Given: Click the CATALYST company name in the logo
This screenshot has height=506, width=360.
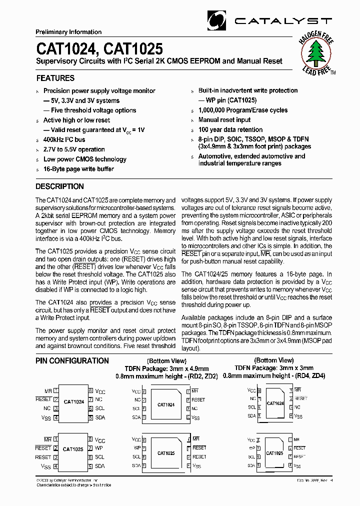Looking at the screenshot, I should coord(283,21).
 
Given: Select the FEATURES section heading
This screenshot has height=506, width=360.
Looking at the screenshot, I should coord(55,78).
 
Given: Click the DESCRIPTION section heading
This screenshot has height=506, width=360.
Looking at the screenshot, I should coord(59,186).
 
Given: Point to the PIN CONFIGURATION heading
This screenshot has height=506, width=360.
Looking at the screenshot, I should coord(72,360).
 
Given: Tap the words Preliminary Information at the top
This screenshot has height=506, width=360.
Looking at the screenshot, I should coord(68,32).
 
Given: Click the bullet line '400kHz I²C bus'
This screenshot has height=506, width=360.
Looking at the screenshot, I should coord(64,139).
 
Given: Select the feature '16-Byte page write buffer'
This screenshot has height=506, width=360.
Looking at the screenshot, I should coord(78,169).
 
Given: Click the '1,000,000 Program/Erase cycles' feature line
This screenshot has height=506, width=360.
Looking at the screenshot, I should coord(243,110).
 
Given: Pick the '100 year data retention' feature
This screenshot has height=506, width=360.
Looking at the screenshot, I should coord(230,129).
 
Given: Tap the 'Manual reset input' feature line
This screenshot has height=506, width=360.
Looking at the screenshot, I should coord(224,120).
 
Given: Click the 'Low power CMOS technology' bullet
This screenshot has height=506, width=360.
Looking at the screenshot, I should coord(84,159).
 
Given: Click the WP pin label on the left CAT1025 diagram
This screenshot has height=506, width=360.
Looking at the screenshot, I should coord(99,448).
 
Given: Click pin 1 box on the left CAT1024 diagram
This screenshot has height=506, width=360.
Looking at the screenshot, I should coord(56,390).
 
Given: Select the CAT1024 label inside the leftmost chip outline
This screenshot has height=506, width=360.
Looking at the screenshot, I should coord(73,401).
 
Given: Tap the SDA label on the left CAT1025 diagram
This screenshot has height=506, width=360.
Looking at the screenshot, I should coord(100,466).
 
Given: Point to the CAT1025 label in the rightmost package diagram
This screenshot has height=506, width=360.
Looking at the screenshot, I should coord(274,453).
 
